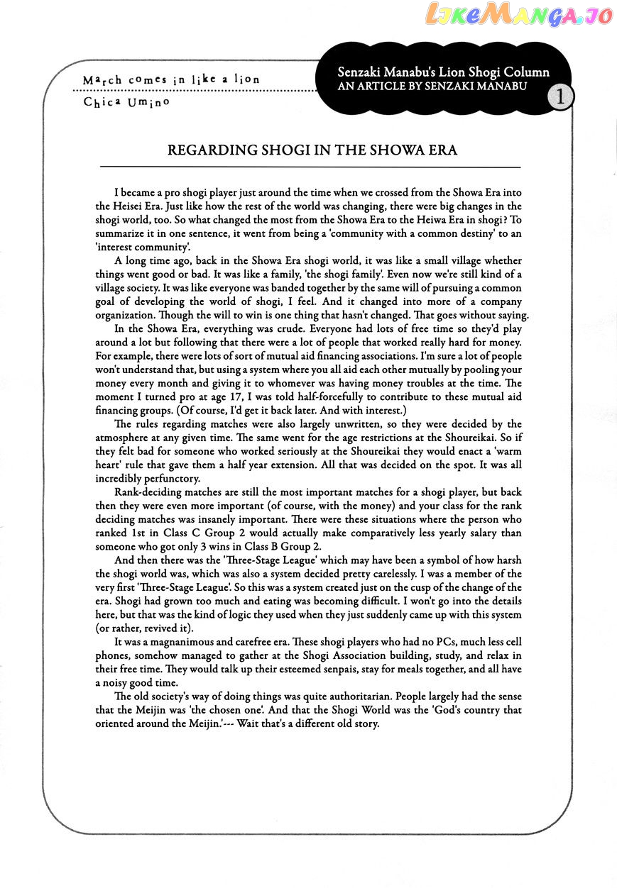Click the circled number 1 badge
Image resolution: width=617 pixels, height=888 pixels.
point(560,97)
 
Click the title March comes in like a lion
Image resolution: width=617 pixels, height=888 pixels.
point(171,79)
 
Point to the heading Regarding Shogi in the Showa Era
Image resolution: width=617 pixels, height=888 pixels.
point(312,151)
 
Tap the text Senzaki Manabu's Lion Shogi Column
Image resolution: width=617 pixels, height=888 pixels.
point(444,72)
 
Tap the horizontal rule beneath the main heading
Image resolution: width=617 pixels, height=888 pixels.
point(312,167)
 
